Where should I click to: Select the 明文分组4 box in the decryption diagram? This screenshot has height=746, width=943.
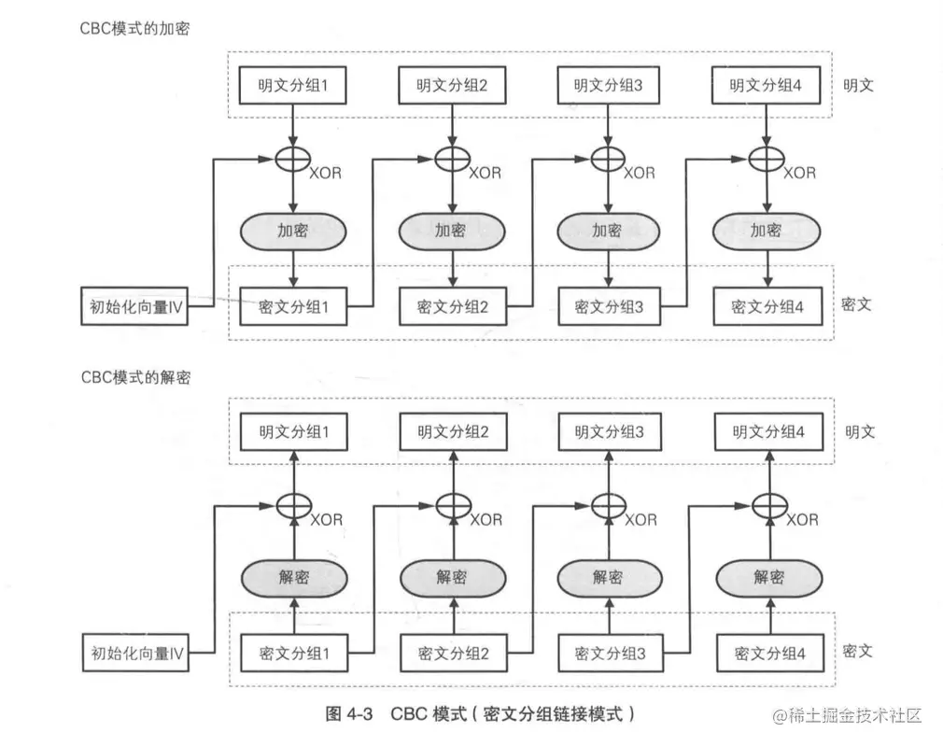(768, 432)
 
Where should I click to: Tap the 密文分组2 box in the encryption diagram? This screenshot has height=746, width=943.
(453, 306)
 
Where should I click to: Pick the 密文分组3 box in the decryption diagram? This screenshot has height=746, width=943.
(611, 654)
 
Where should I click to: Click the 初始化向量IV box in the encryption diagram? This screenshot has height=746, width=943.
(134, 306)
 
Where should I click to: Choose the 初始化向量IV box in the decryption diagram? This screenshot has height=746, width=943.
(134, 654)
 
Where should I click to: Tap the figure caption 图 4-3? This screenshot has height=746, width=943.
(349, 714)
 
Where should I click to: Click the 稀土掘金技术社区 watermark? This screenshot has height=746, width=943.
(846, 715)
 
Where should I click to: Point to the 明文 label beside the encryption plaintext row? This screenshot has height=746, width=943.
(858, 85)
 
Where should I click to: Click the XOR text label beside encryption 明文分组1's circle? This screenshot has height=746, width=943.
(326, 173)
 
